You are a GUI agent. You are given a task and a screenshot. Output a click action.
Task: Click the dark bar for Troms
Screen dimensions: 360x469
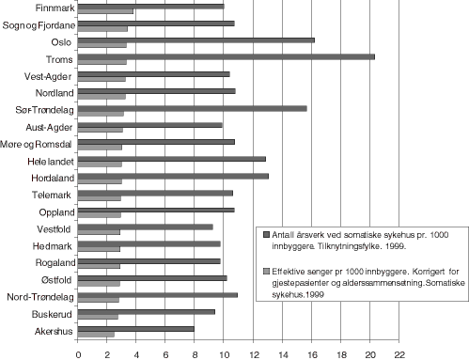coord(226,56)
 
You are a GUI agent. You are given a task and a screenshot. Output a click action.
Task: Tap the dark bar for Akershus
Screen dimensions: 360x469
coord(135,329)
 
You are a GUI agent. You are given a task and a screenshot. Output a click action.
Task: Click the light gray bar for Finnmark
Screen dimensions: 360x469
coord(105,11)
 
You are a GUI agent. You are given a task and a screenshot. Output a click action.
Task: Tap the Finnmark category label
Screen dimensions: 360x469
coord(49,8)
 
